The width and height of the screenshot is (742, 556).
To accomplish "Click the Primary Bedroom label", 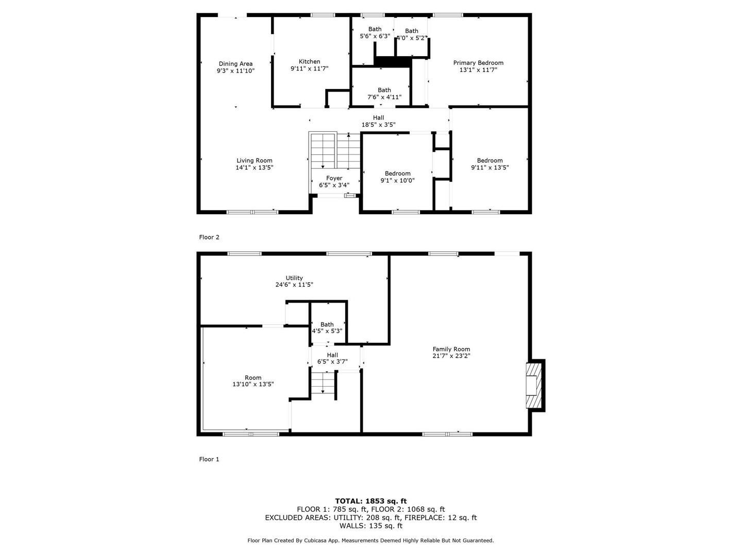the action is (x=478, y=63).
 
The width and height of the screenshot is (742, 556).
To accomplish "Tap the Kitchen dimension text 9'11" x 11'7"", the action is (x=309, y=68).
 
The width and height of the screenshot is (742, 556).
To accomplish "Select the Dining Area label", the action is (x=235, y=64).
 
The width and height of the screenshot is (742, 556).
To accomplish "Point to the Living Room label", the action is (x=254, y=160).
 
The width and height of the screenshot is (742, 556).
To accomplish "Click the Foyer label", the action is (x=334, y=178).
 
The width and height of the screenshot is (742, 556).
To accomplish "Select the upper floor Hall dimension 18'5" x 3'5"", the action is (x=378, y=125).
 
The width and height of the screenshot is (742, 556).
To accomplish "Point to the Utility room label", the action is (x=294, y=278).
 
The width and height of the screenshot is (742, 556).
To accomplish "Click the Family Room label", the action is (x=451, y=349).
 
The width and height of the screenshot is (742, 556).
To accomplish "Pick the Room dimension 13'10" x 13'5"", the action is (x=253, y=384).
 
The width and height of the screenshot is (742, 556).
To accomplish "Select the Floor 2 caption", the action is (x=209, y=237).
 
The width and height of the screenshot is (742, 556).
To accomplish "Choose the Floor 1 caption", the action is (x=209, y=459).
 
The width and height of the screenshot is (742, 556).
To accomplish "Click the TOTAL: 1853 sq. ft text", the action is (x=371, y=501).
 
